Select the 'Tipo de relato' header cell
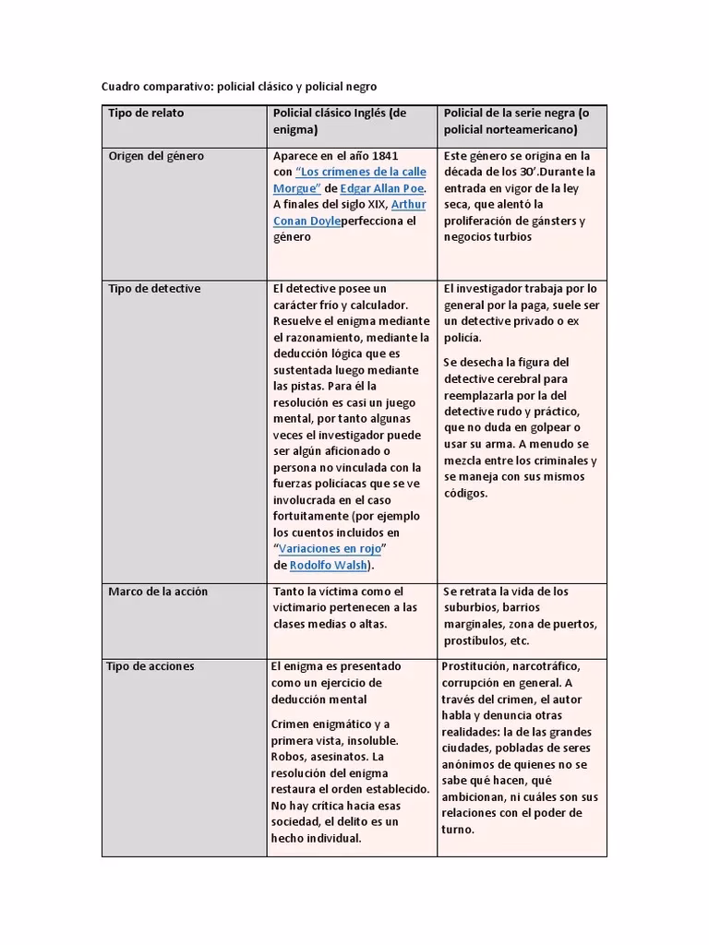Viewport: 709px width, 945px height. [146, 113]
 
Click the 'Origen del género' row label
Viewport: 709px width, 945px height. [156, 156]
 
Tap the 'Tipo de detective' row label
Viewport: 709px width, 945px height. [154, 289]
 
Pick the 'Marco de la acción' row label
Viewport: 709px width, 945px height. [158, 592]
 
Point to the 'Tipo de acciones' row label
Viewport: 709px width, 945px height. [151, 666]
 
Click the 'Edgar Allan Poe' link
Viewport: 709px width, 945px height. [381, 188]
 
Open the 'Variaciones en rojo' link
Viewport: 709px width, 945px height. [331, 548]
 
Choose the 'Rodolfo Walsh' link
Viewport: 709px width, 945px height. [329, 565]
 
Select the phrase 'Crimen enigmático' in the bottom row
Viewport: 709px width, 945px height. [320, 724]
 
